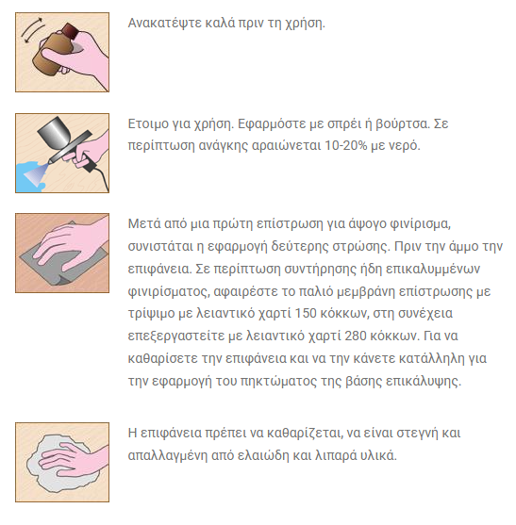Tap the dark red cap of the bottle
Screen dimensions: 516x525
71,31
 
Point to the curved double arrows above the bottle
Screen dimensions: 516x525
32,30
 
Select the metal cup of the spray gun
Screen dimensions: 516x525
55,132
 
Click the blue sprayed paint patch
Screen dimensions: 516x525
29,177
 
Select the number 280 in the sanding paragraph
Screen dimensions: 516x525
356,336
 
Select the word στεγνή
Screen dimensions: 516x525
418,434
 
